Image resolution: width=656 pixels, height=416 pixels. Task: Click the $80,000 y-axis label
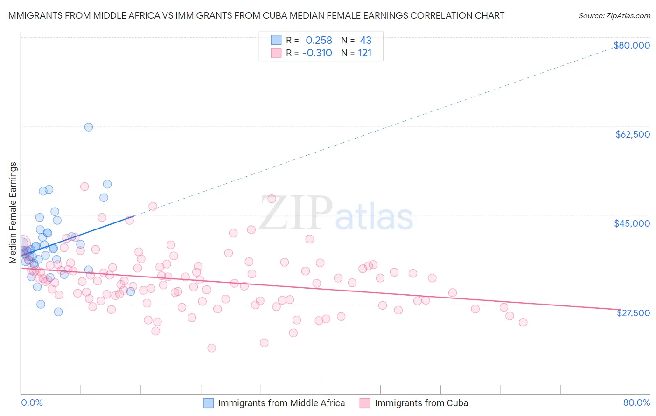coord(632,45)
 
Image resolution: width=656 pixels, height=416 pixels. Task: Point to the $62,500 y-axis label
coord(632,134)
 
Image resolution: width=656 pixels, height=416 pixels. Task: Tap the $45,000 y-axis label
coord(632,223)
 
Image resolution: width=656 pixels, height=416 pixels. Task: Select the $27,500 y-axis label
coord(633,313)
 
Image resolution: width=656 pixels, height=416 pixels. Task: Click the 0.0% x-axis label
coord(32,402)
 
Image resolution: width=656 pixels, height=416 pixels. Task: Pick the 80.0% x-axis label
coord(636,402)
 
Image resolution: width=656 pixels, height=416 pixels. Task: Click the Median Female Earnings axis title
coord(13,213)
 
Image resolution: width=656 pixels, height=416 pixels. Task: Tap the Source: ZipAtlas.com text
coord(614,15)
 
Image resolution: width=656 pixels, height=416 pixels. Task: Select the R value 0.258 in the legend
coord(319,41)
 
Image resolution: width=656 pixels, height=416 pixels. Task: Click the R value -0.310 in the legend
coord(317,53)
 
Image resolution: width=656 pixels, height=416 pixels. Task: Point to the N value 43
coord(365,41)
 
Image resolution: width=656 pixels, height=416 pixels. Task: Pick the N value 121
coord(364,53)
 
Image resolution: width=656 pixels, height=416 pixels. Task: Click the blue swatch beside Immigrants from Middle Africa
coord(208,403)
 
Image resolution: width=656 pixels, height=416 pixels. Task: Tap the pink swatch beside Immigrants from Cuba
coord(365,403)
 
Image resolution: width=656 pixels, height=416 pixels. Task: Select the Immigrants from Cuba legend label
coord(421,403)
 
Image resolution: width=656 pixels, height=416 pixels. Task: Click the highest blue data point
coord(89,127)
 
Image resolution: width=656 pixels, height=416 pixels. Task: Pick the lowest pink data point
coord(211,348)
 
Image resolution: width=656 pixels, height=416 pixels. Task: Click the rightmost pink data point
coord(523,322)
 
